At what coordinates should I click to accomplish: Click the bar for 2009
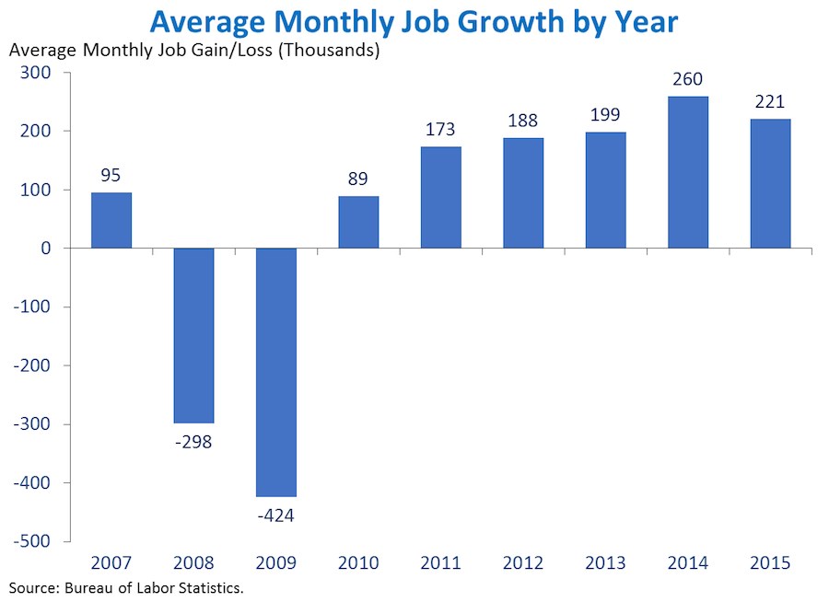point(276,372)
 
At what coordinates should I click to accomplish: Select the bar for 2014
point(688,172)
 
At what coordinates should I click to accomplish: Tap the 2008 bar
point(193,335)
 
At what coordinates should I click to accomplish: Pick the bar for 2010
point(358,222)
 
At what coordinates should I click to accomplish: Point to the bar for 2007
point(111,220)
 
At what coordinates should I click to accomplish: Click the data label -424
point(276,515)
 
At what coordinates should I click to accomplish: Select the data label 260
point(688,78)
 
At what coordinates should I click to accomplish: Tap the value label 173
point(441,129)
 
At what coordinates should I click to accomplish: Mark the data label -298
point(193,442)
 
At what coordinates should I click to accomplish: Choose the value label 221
point(770,101)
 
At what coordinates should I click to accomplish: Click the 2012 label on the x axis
point(523,562)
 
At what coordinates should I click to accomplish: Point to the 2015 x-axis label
point(770,562)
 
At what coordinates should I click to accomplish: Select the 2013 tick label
point(605,562)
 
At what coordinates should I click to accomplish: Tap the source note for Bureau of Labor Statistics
point(127,586)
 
